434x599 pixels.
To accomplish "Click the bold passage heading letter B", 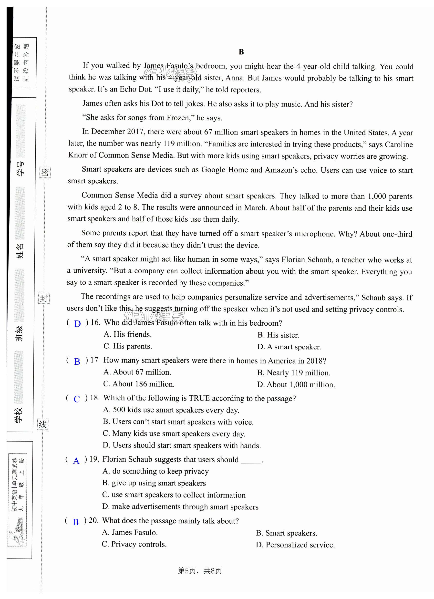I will [x=241, y=52].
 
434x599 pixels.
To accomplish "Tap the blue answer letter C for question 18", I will [x=77, y=399].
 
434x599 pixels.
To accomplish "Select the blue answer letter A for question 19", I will [x=76, y=461].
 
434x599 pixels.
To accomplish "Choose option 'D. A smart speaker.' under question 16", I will [x=289, y=347].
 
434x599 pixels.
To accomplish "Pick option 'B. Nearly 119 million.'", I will [x=293, y=373].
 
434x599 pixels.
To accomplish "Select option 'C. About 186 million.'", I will [x=139, y=384].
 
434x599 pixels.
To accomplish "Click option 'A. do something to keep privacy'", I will [x=155, y=471].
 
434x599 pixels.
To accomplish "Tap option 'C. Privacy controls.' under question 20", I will [x=134, y=544].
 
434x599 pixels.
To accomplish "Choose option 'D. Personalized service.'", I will [x=295, y=545].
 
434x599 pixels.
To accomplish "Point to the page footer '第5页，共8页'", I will [x=200, y=571].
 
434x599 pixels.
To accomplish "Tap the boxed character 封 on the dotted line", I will [x=44, y=298].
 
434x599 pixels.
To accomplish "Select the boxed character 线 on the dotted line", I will [x=43, y=424].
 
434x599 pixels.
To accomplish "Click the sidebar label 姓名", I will [x=20, y=251].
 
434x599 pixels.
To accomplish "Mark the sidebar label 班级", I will [x=19, y=333].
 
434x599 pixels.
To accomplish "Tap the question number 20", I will [x=93, y=520].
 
